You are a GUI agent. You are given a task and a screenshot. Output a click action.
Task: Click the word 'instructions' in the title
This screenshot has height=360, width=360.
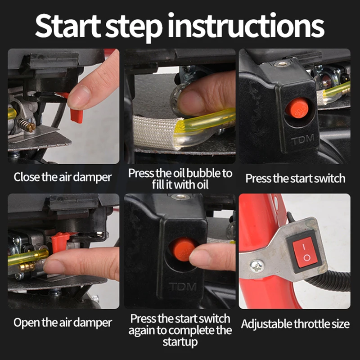[246, 26]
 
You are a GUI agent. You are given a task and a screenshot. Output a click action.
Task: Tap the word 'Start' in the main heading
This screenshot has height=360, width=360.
[68, 26]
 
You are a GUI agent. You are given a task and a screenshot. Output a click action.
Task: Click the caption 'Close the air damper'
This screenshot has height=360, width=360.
[63, 177]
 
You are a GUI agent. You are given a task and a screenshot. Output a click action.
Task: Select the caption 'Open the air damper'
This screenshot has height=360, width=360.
[63, 322]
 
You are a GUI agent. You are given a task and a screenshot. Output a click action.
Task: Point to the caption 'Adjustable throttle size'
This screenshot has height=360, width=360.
[295, 324]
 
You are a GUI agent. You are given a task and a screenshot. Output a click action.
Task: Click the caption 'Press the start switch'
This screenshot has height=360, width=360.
[295, 178]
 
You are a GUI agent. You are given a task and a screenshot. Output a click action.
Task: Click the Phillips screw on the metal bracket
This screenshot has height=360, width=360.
[257, 266]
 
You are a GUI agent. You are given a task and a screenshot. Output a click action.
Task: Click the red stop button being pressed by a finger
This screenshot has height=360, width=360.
[183, 250]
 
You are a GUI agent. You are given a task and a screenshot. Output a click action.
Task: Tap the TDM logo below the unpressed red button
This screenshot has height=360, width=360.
[302, 139]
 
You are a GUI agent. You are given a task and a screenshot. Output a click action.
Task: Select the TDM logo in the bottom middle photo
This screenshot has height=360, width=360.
[183, 287]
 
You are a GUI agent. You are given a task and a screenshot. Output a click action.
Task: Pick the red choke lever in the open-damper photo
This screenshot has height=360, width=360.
[59, 242]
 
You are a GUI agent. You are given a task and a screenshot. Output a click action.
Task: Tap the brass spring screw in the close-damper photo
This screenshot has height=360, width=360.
[27, 125]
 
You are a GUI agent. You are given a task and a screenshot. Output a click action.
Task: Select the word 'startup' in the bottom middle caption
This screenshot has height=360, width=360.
[180, 342]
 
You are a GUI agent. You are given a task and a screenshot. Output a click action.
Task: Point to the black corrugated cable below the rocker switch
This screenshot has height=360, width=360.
[331, 280]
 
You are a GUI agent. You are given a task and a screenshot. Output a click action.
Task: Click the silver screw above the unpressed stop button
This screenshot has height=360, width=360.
[282, 63]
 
